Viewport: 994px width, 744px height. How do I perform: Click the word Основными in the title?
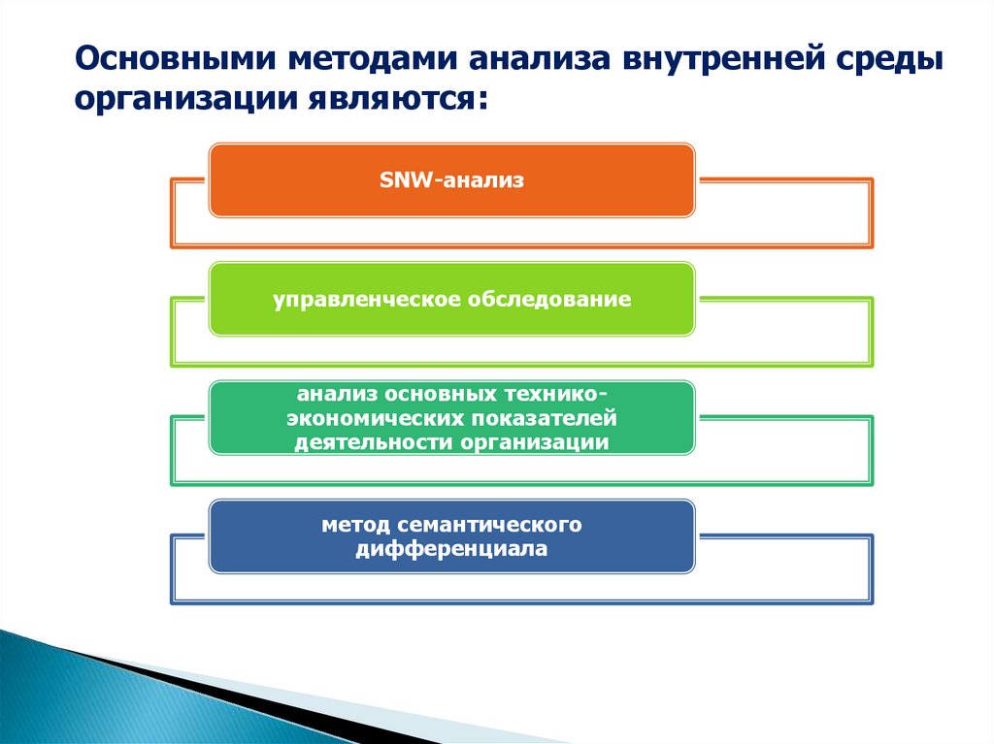(176, 59)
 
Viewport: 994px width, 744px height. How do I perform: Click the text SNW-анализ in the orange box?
(451, 180)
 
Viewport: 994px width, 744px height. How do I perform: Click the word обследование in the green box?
(549, 299)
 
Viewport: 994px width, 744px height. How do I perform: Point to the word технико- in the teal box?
(556, 394)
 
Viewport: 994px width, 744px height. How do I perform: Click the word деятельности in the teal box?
(374, 442)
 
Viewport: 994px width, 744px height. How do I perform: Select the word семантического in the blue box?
(489, 525)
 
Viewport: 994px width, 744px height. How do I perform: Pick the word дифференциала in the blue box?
(451, 549)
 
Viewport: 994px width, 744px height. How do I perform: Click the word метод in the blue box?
(355, 525)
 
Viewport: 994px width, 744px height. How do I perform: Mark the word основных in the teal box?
(441, 394)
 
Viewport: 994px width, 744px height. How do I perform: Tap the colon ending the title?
(483, 102)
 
